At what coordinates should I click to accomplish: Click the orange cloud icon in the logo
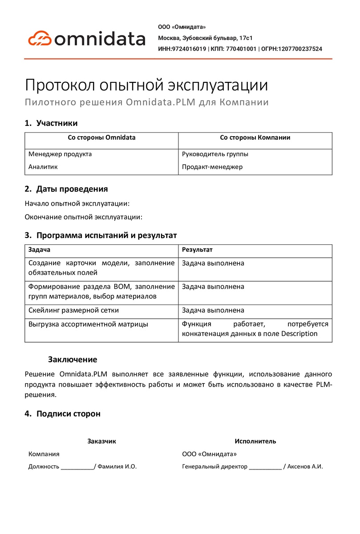pos(40,38)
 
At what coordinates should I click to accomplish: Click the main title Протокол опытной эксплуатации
pos(146,85)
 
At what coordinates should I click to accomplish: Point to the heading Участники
pos(57,123)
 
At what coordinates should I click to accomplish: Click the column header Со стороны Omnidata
pos(101,138)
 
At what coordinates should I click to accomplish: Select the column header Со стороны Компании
pos(255,138)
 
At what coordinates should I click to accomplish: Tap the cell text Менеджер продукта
pos(60,154)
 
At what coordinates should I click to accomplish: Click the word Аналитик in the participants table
pos(43,167)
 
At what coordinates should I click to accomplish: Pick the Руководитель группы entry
pos(215,154)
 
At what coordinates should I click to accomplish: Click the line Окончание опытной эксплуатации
pos(83,217)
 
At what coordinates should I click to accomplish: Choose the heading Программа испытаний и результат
pos(106,235)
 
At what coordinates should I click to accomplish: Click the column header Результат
pos(197,250)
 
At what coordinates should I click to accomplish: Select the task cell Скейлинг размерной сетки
pos(73,310)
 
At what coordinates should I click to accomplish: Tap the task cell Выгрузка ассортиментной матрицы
pos(88,324)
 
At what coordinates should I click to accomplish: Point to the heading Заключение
pos(73,359)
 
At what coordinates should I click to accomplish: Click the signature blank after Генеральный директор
pos(265,467)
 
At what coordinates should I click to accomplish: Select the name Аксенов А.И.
pos(305,467)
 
